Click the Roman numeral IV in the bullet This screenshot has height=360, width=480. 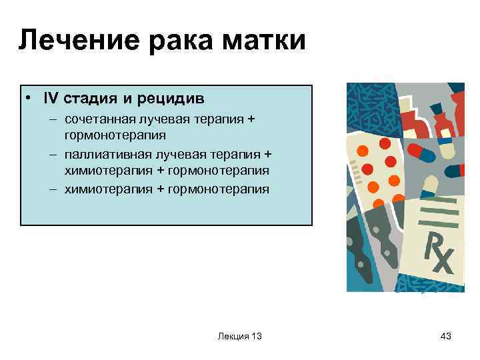click(x=50, y=99)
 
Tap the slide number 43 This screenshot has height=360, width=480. click(x=446, y=337)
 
